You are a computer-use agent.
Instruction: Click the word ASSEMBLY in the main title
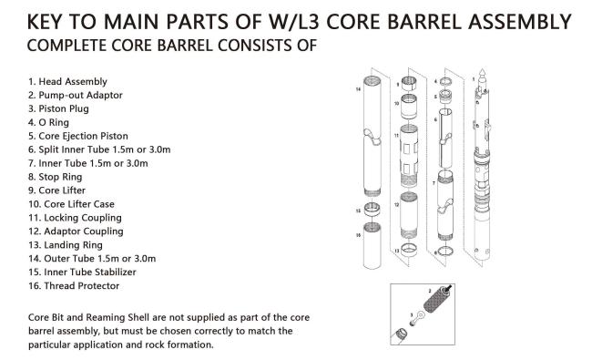[520, 22]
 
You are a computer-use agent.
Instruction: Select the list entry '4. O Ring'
[48, 122]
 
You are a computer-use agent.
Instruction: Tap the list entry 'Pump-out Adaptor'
[80, 95]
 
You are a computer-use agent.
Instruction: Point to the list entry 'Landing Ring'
[73, 245]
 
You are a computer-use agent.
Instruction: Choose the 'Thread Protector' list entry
[82, 286]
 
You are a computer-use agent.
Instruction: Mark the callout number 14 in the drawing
[358, 89]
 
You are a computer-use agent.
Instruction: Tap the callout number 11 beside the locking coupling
[396, 135]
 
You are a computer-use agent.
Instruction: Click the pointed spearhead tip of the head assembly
[482, 70]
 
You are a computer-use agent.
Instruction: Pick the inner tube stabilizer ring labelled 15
[372, 210]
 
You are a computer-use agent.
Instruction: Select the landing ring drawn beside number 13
[409, 251]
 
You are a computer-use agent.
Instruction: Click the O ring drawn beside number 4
[445, 82]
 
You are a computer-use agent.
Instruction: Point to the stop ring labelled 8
[446, 251]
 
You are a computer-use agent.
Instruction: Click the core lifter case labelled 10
[409, 106]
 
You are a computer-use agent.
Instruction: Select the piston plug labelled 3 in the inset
[417, 316]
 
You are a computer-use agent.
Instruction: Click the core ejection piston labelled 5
[446, 98]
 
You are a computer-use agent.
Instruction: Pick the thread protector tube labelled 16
[372, 245]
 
